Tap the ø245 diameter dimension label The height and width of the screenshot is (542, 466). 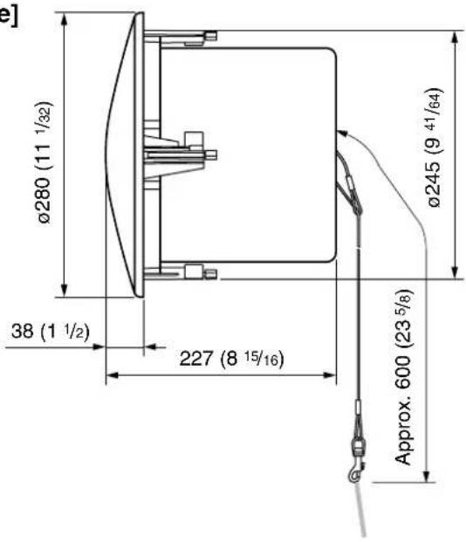pyautogui.click(x=435, y=148)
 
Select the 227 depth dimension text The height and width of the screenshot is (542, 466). pyautogui.click(x=231, y=358)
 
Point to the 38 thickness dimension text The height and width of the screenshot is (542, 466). pyautogui.click(x=51, y=331)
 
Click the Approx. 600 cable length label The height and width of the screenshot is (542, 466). pyautogui.click(x=404, y=377)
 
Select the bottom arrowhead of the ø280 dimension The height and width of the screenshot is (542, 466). pyautogui.click(x=64, y=290)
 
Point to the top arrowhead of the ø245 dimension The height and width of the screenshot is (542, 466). pyautogui.click(x=456, y=38)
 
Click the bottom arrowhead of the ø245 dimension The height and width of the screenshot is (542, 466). pyautogui.click(x=456, y=271)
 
